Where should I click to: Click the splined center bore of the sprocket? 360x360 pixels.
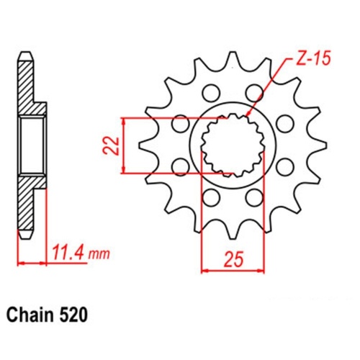pos(231,145)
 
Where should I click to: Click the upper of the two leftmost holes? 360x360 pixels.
pos(178,124)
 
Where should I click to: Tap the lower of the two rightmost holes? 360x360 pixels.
pos(284,167)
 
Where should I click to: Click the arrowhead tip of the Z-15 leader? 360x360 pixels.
pos(246,115)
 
